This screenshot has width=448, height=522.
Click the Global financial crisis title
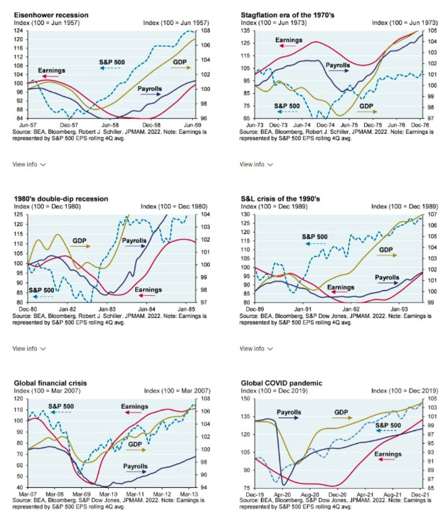coord(50,383)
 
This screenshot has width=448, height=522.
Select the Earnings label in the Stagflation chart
coord(292,41)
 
